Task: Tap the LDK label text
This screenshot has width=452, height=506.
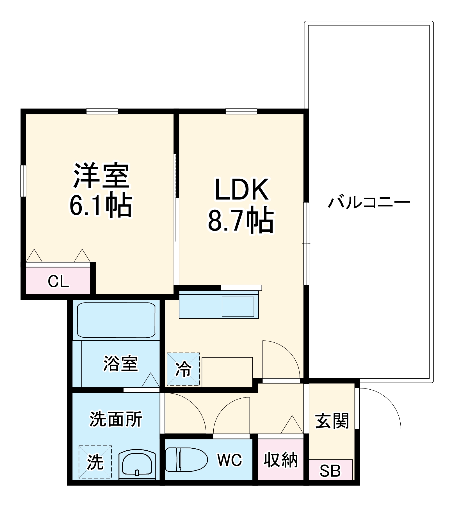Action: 241,190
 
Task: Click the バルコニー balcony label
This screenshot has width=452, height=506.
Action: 369,202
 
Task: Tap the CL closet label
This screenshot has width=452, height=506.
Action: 58,281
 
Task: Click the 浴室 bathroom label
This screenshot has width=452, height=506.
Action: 121,363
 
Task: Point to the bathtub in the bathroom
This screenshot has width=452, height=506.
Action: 116,320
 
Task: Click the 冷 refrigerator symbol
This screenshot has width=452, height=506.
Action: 183,369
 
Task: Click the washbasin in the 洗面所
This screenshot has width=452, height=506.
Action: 137,464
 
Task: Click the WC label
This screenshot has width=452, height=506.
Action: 229,460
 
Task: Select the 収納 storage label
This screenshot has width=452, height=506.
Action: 280,460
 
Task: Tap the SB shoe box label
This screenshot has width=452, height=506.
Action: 330,471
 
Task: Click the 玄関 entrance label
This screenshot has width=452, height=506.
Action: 332,421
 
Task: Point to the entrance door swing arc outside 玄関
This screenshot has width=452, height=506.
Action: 385,405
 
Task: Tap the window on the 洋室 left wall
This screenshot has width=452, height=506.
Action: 23,181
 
